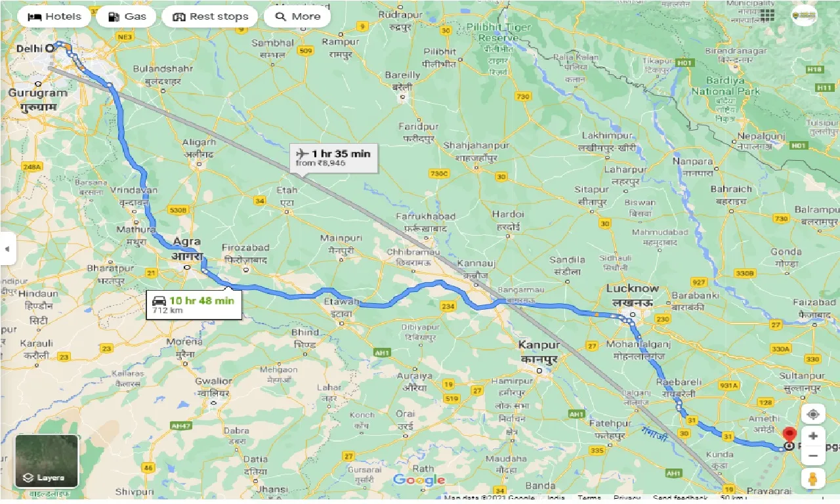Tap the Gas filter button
[126, 16]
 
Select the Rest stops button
[210, 16]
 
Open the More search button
[297, 16]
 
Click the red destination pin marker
[788, 434]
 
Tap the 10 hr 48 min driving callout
[194, 304]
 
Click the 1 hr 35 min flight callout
[333, 158]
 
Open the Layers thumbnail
[47, 461]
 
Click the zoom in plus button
[813, 436]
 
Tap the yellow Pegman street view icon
[813, 480]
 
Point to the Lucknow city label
[632, 288]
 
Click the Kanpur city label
[538, 345]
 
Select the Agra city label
[188, 242]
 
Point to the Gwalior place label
[214, 381]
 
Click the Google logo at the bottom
[419, 480]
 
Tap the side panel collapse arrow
[7, 249]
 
